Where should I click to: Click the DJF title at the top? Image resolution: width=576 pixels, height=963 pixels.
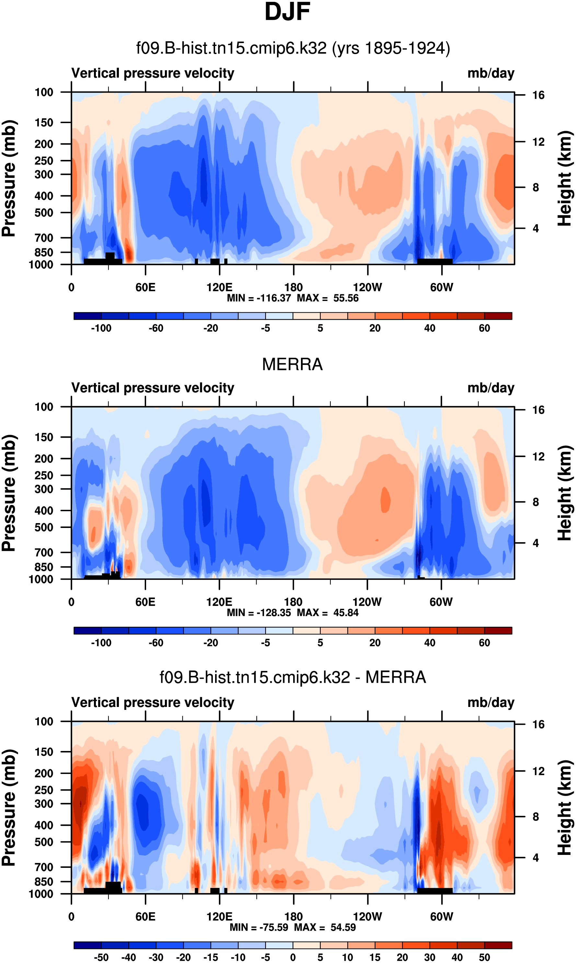click(287, 12)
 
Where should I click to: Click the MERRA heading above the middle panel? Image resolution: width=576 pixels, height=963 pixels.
click(292, 364)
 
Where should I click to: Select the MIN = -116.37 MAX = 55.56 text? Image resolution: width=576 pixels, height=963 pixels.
click(293, 298)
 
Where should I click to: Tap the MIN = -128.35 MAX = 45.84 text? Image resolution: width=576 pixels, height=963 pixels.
click(293, 613)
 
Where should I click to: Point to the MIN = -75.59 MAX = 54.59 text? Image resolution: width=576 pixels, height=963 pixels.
click(293, 927)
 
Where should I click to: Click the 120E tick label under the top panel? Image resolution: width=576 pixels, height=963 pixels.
click(219, 287)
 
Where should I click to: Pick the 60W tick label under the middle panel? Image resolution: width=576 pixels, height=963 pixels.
click(441, 602)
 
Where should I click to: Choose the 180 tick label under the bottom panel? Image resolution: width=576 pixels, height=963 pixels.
click(294, 916)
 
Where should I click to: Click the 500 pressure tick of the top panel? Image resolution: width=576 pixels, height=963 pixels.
click(44, 213)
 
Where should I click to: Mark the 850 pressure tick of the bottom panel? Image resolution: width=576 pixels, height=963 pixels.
click(44, 881)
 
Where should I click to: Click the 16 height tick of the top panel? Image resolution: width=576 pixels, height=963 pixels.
click(538, 95)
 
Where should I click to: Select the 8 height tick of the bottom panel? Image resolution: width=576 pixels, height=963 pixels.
click(536, 817)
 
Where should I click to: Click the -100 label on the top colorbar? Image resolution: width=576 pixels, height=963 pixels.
click(101, 328)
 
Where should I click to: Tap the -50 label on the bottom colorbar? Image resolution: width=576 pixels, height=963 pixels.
click(101, 957)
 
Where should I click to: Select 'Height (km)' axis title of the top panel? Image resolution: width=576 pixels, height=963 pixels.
click(565, 178)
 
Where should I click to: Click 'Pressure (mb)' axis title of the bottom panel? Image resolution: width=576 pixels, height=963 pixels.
click(8, 808)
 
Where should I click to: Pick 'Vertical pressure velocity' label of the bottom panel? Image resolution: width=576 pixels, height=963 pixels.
click(153, 702)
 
